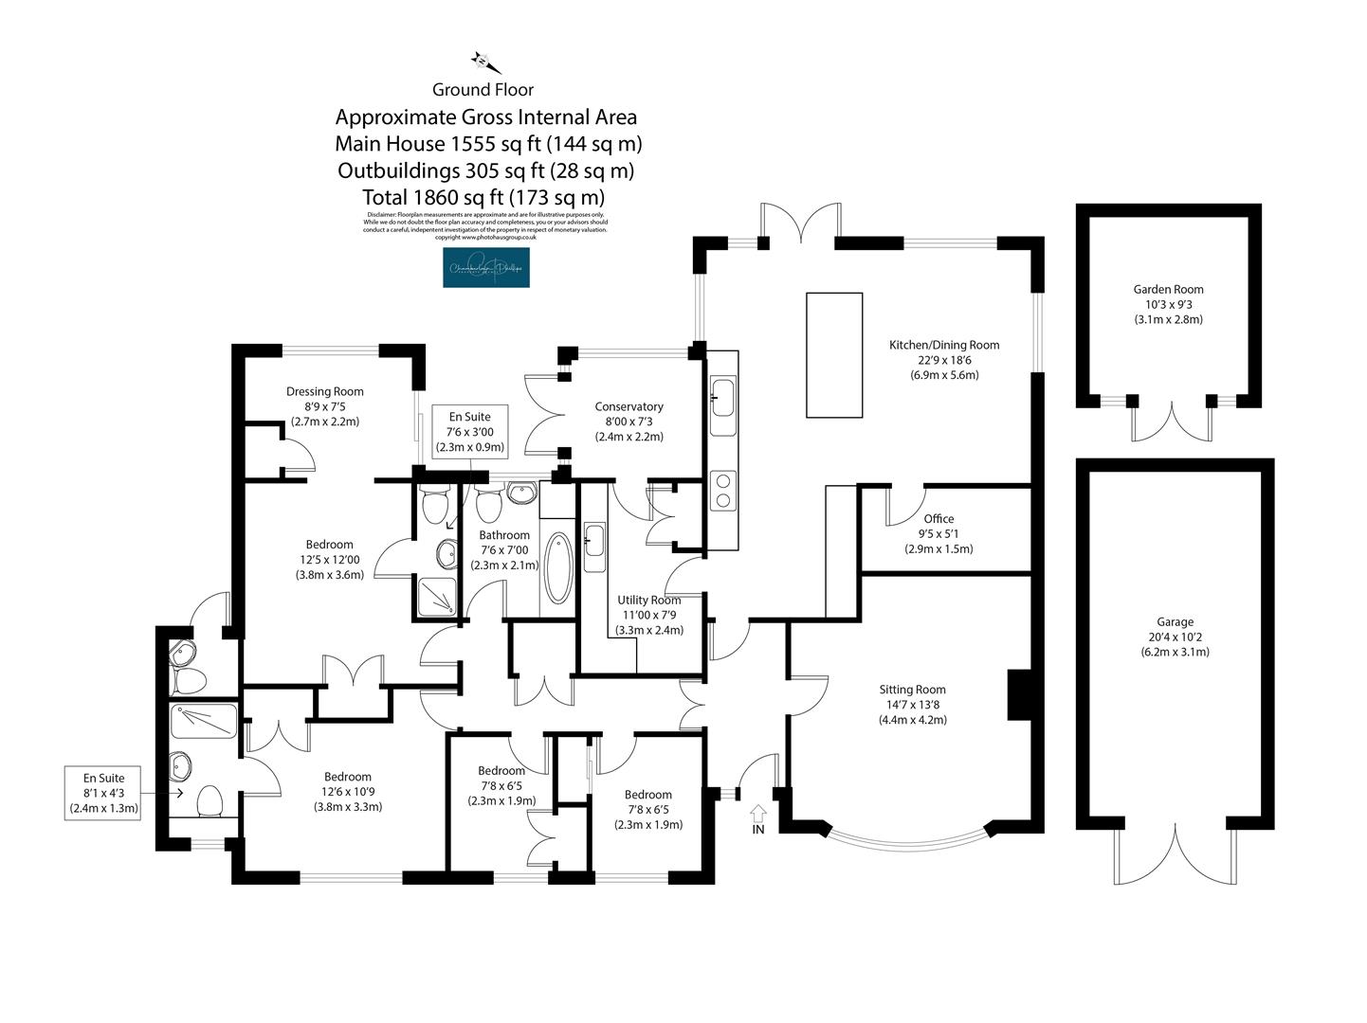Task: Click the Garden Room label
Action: (1168, 304)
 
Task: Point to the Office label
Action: (939, 533)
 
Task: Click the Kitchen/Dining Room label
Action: (943, 359)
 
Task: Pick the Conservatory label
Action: (629, 422)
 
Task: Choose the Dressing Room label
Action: (325, 405)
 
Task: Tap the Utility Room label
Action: (649, 614)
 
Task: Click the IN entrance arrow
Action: (758, 817)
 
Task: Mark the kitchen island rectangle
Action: (834, 354)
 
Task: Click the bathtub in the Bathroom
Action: (557, 568)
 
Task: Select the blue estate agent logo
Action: (486, 268)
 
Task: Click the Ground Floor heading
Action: (483, 90)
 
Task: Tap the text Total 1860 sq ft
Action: (483, 198)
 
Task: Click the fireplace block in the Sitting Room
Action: (1018, 695)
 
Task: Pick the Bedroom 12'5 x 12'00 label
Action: (329, 559)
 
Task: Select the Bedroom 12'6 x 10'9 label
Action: (348, 792)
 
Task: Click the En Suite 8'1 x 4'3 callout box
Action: (104, 793)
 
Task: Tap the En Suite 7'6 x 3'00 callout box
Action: (469, 432)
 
